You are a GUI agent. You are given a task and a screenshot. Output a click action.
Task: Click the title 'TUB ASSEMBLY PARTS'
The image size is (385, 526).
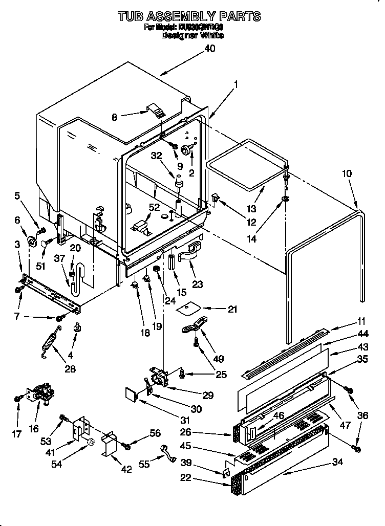(189, 17)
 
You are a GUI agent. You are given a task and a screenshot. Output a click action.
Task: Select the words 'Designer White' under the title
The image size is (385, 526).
(192, 36)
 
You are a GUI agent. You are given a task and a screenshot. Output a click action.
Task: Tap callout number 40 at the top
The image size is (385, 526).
(209, 49)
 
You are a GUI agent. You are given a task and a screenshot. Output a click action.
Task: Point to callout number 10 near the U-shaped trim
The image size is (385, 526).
(347, 173)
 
